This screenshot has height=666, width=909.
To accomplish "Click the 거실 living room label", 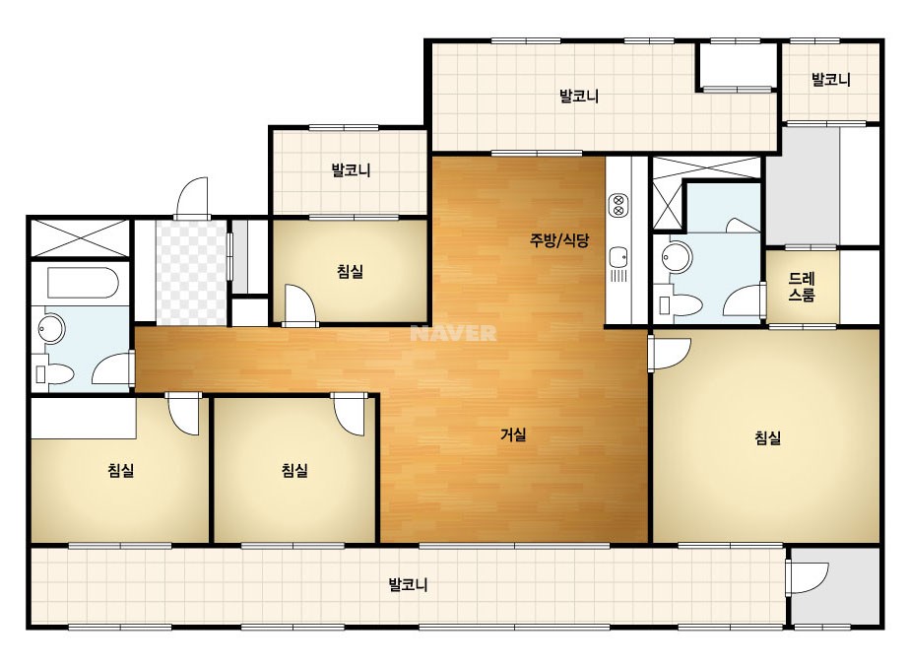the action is (x=514, y=433).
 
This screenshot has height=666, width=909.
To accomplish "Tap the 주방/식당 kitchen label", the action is (x=559, y=239).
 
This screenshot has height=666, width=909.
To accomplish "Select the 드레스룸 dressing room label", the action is (x=803, y=287).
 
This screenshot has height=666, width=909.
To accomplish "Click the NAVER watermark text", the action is (x=453, y=333).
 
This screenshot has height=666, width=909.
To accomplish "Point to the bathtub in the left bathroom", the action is (x=84, y=283).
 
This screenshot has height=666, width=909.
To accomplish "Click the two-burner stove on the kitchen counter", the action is (x=617, y=206).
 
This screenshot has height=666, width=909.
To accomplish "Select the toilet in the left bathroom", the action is (x=54, y=373).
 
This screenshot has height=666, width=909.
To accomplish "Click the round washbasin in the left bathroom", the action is (x=51, y=329).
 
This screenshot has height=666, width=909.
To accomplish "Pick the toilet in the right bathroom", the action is (x=679, y=304).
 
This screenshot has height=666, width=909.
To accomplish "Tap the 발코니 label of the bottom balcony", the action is (x=408, y=584).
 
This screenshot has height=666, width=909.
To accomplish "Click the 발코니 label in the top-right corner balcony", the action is (x=831, y=79).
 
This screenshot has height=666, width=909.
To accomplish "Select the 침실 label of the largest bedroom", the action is (x=768, y=437).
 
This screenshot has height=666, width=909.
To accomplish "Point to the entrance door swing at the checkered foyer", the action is (x=191, y=198).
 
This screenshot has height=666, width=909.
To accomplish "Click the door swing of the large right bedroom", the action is (x=669, y=354).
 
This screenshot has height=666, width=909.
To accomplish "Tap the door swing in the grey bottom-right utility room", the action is (x=807, y=576).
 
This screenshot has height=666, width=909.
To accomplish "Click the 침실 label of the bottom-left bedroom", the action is (x=121, y=470).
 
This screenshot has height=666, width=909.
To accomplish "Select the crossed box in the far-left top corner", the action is (x=80, y=236).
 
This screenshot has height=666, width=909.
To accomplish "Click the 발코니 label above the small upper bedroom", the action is (x=351, y=170).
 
